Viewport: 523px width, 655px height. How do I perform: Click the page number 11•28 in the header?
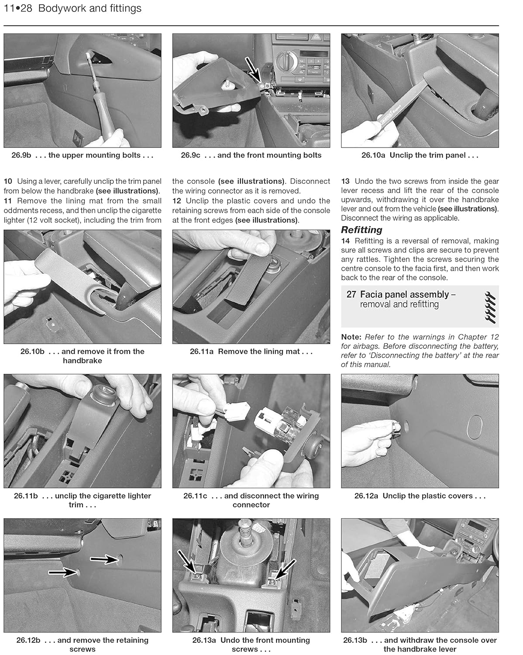pyautogui.click(x=18, y=8)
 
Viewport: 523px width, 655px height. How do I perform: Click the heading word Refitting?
pyautogui.click(x=361, y=230)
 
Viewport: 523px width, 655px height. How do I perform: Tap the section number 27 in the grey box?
pyautogui.click(x=351, y=294)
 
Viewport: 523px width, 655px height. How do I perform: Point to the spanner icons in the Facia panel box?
pyautogui.click(x=490, y=308)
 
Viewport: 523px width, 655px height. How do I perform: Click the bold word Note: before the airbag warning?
pyautogui.click(x=351, y=337)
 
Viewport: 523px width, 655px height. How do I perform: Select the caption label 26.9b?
pyautogui.click(x=21, y=155)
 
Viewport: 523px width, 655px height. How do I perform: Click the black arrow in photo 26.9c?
pyautogui.click(x=253, y=70)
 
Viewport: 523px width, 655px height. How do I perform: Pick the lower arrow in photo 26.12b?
pyautogui.click(x=62, y=572)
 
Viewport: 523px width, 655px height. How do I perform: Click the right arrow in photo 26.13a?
pyautogui.click(x=285, y=569)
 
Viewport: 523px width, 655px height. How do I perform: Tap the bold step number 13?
pyautogui.click(x=345, y=181)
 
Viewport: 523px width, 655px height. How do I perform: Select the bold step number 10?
pyautogui.click(x=8, y=181)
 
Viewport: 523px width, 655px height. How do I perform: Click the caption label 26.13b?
pyautogui.click(x=355, y=641)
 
